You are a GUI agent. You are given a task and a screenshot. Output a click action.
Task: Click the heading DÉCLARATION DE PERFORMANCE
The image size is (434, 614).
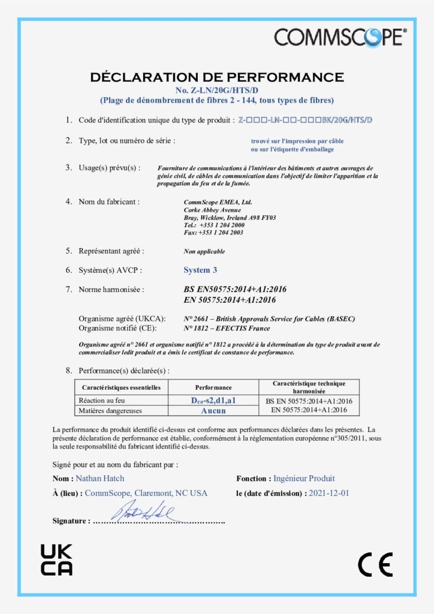pos(216,77)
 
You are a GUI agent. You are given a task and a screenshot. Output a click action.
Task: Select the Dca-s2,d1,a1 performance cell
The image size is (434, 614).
pos(213,401)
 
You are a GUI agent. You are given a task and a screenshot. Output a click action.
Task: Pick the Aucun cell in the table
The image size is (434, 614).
pos(213,410)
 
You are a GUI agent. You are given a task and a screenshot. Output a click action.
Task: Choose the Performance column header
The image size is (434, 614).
pos(213,387)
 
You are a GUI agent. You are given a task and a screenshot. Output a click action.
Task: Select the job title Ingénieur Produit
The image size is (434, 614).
pos(304,478)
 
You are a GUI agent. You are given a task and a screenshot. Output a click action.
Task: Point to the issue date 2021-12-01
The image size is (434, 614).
pos(328,493)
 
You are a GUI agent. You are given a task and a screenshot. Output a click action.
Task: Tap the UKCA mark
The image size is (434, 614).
pos(56,560)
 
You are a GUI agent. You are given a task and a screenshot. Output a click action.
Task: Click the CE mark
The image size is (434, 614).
pos(375,564)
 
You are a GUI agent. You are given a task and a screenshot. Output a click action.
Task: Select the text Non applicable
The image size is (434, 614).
pos(204,251)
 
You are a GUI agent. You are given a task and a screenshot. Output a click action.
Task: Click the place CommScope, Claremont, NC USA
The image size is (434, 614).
pos(146,493)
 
